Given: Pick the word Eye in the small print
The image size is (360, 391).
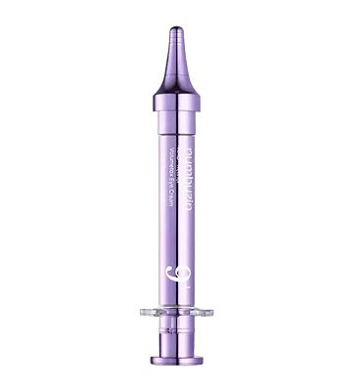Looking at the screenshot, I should [175, 194].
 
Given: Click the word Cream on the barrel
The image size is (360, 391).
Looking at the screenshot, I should [175, 209].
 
